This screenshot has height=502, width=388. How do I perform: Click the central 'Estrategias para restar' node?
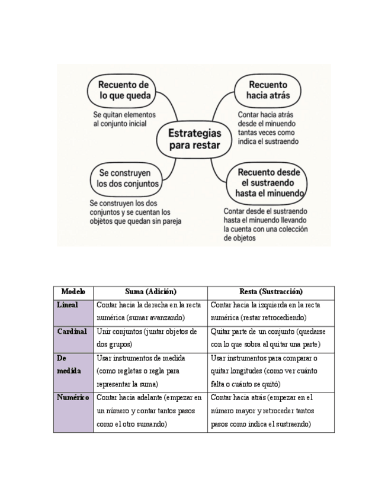(x=194, y=139)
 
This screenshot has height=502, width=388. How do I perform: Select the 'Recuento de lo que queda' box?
(x=124, y=89)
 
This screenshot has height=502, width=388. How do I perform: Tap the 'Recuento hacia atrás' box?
(x=268, y=89)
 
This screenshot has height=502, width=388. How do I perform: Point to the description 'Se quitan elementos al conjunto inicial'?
(x=124, y=118)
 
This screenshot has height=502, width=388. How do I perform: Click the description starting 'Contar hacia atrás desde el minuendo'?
(x=268, y=128)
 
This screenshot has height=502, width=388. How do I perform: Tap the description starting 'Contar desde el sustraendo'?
(x=265, y=224)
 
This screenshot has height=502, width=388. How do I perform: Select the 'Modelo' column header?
(x=73, y=292)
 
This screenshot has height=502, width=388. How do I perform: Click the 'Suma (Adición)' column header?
(x=150, y=292)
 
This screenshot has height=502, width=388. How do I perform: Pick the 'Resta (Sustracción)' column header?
(x=271, y=292)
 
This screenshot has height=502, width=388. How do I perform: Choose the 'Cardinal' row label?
(x=72, y=332)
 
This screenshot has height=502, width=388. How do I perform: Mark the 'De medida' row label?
(x=69, y=364)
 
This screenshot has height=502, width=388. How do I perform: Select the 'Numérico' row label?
(x=73, y=398)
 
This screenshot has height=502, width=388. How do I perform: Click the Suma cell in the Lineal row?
(x=150, y=311)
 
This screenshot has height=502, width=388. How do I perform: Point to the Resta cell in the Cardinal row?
(x=271, y=338)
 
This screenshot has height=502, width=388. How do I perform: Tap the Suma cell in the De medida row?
(x=150, y=371)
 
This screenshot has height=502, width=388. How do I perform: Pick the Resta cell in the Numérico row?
(x=271, y=411)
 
